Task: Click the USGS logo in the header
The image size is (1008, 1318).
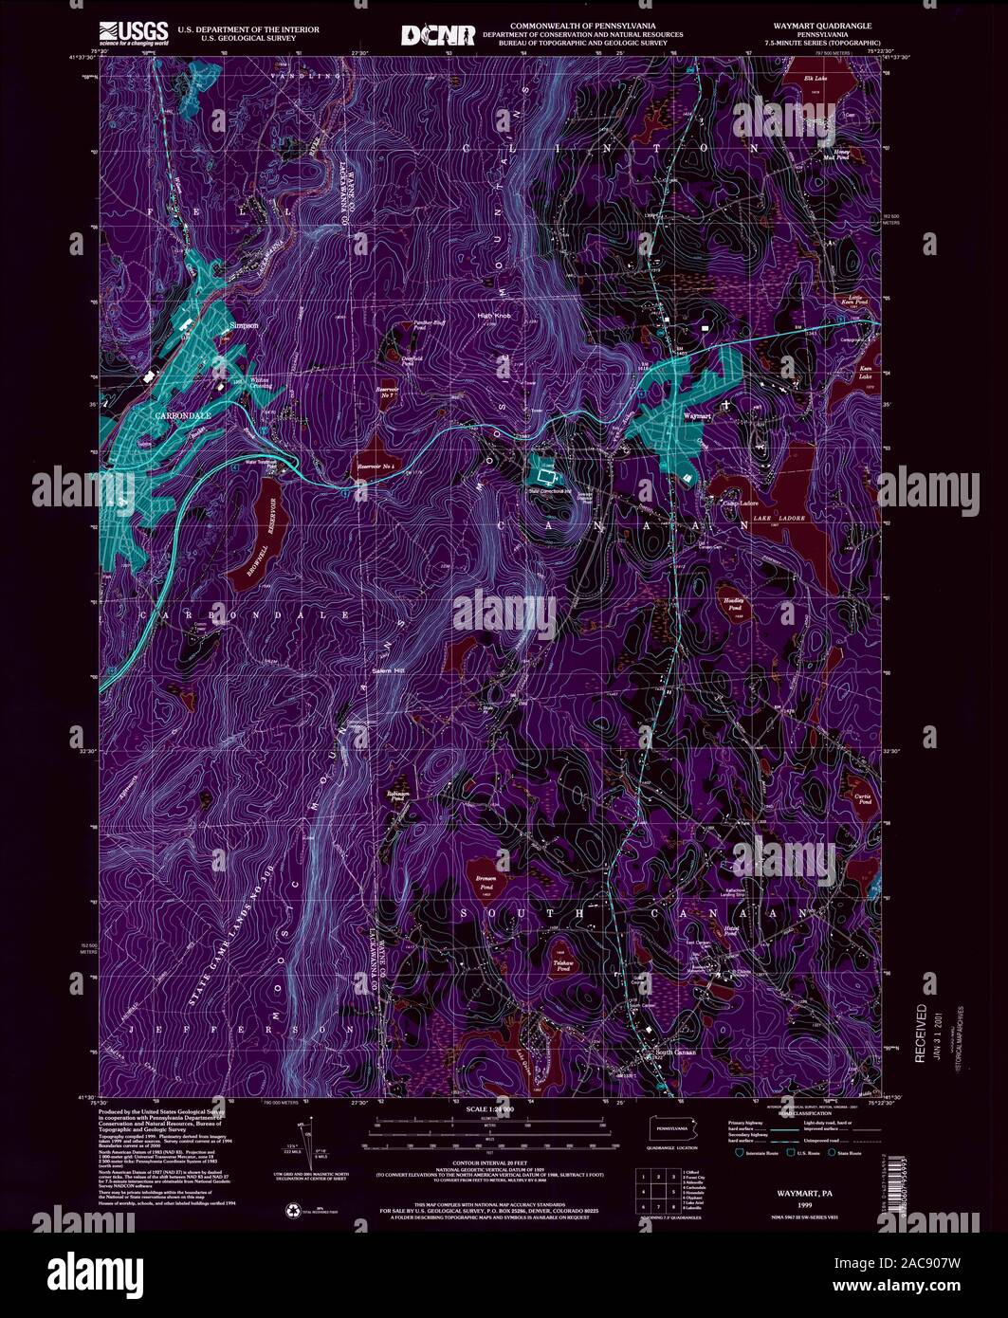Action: click(132, 32)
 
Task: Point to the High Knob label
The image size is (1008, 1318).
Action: click(494, 317)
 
